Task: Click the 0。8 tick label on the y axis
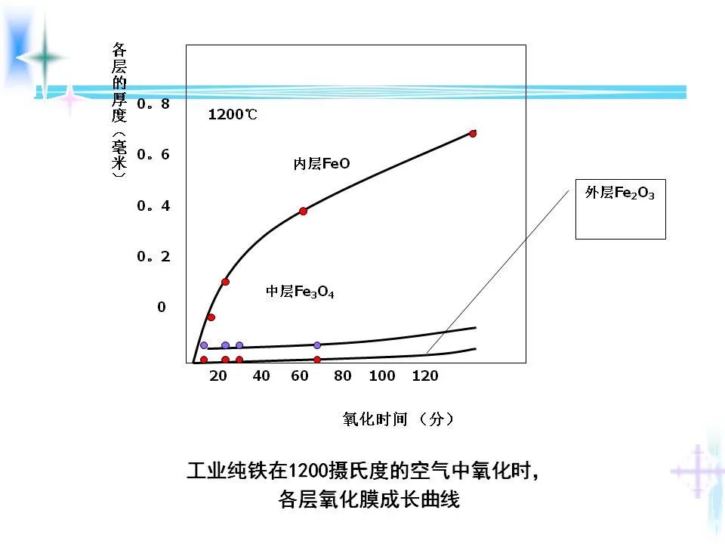tap(153, 104)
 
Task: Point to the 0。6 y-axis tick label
tap(153, 155)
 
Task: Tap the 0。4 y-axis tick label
tap(153, 206)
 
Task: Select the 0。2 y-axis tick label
tap(153, 257)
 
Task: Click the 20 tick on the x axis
tap(219, 376)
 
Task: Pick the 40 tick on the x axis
tap(261, 376)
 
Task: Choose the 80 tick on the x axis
tap(342, 376)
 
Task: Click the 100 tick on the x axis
tap(382, 376)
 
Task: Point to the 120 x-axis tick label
tap(425, 376)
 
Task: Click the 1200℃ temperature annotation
tap(233, 116)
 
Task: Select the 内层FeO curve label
tap(322, 164)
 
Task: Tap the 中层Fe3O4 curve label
tap(300, 292)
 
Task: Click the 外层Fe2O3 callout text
tap(620, 193)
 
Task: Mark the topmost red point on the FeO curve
tap(473, 133)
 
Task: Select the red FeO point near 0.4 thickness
tap(303, 211)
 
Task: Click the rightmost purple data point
tap(317, 345)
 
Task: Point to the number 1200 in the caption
tap(309, 471)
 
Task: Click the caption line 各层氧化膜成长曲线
tap(369, 500)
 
